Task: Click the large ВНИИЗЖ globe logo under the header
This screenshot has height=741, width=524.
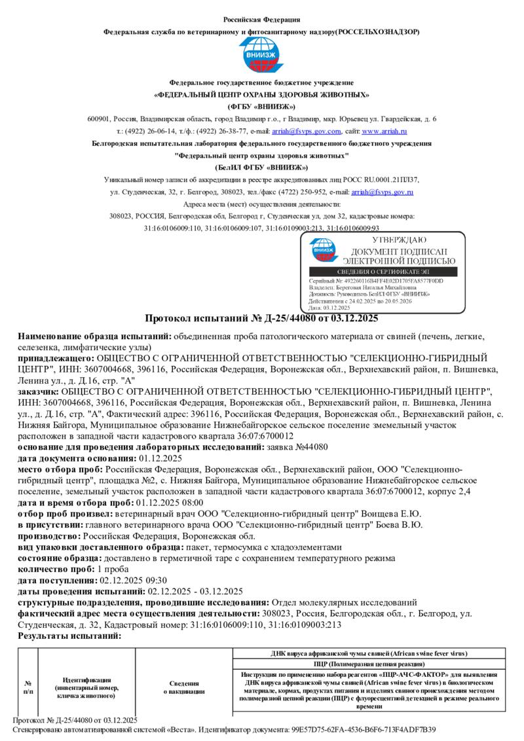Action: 261,56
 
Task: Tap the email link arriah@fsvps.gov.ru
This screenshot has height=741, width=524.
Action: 382,192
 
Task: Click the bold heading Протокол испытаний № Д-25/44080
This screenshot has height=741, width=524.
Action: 261,319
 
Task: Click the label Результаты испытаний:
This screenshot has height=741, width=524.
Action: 69,636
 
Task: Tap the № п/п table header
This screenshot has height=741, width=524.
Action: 28,686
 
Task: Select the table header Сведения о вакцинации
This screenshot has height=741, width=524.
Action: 183,687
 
